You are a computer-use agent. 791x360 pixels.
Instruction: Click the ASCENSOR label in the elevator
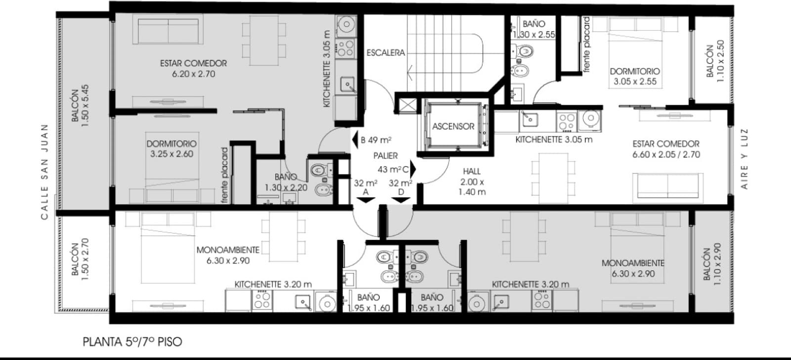453,126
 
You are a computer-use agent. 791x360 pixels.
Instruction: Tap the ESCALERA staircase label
386,52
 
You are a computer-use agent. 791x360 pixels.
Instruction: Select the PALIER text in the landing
386,155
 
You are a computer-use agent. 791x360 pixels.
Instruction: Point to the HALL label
472,171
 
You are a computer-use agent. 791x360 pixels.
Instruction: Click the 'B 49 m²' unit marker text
376,140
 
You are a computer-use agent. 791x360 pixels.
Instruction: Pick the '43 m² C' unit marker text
393,170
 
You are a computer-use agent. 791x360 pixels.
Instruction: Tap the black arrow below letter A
365,200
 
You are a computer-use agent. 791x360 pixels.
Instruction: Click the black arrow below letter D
401,200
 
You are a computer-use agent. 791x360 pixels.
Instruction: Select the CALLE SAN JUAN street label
44,172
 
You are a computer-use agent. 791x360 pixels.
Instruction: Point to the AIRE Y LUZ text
744,159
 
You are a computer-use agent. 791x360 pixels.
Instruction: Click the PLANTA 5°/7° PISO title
132,342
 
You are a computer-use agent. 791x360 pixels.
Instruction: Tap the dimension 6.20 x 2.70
193,74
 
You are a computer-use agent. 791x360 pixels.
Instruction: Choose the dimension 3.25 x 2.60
172,154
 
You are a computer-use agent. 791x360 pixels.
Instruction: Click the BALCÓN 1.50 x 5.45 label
80,106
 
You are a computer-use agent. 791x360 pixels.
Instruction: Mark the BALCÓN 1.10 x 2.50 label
715,61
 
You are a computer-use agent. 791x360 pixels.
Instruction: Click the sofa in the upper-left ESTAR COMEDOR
168,31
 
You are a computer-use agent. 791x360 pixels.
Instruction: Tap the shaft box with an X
407,105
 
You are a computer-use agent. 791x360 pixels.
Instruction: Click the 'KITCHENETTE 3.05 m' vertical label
326,69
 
